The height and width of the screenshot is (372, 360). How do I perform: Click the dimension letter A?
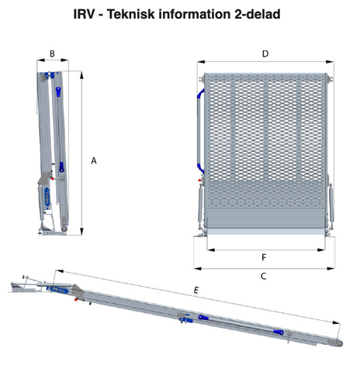(x=94, y=160)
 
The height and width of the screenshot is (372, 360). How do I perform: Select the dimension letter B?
(x=52, y=53)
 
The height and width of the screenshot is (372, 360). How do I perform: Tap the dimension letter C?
(x=263, y=276)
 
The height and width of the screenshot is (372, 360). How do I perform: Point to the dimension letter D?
(x=265, y=53)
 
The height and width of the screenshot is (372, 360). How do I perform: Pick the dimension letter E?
(x=196, y=291)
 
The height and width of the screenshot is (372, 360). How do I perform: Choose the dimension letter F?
(x=264, y=257)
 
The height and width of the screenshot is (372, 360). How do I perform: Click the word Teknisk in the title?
(x=130, y=14)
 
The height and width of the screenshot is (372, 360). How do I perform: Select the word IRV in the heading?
(x=84, y=14)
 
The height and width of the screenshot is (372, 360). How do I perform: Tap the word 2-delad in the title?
(x=258, y=14)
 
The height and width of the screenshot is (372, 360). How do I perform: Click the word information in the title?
(x=194, y=14)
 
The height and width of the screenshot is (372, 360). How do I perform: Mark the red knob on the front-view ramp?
(x=199, y=181)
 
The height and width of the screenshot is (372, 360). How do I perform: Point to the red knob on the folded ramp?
(x=53, y=178)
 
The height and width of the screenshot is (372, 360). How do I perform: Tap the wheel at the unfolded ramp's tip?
(x=338, y=343)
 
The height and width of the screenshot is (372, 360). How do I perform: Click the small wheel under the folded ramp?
(x=64, y=229)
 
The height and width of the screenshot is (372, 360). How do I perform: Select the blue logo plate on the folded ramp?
(x=47, y=197)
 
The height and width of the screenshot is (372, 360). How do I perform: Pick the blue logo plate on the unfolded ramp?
(x=57, y=290)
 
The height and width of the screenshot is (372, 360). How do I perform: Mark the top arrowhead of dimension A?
(x=81, y=75)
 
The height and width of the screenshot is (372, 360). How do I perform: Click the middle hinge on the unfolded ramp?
(x=182, y=316)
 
